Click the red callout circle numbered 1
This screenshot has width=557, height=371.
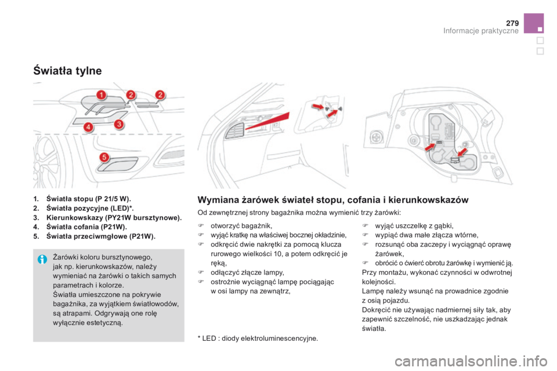[x=100, y=94]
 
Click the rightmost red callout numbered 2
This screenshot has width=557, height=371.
[x=160, y=95]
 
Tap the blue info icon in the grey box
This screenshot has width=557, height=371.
[x=41, y=259]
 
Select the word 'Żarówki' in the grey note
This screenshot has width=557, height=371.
[x=66, y=257]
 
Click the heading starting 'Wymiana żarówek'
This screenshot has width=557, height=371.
[x=333, y=200]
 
